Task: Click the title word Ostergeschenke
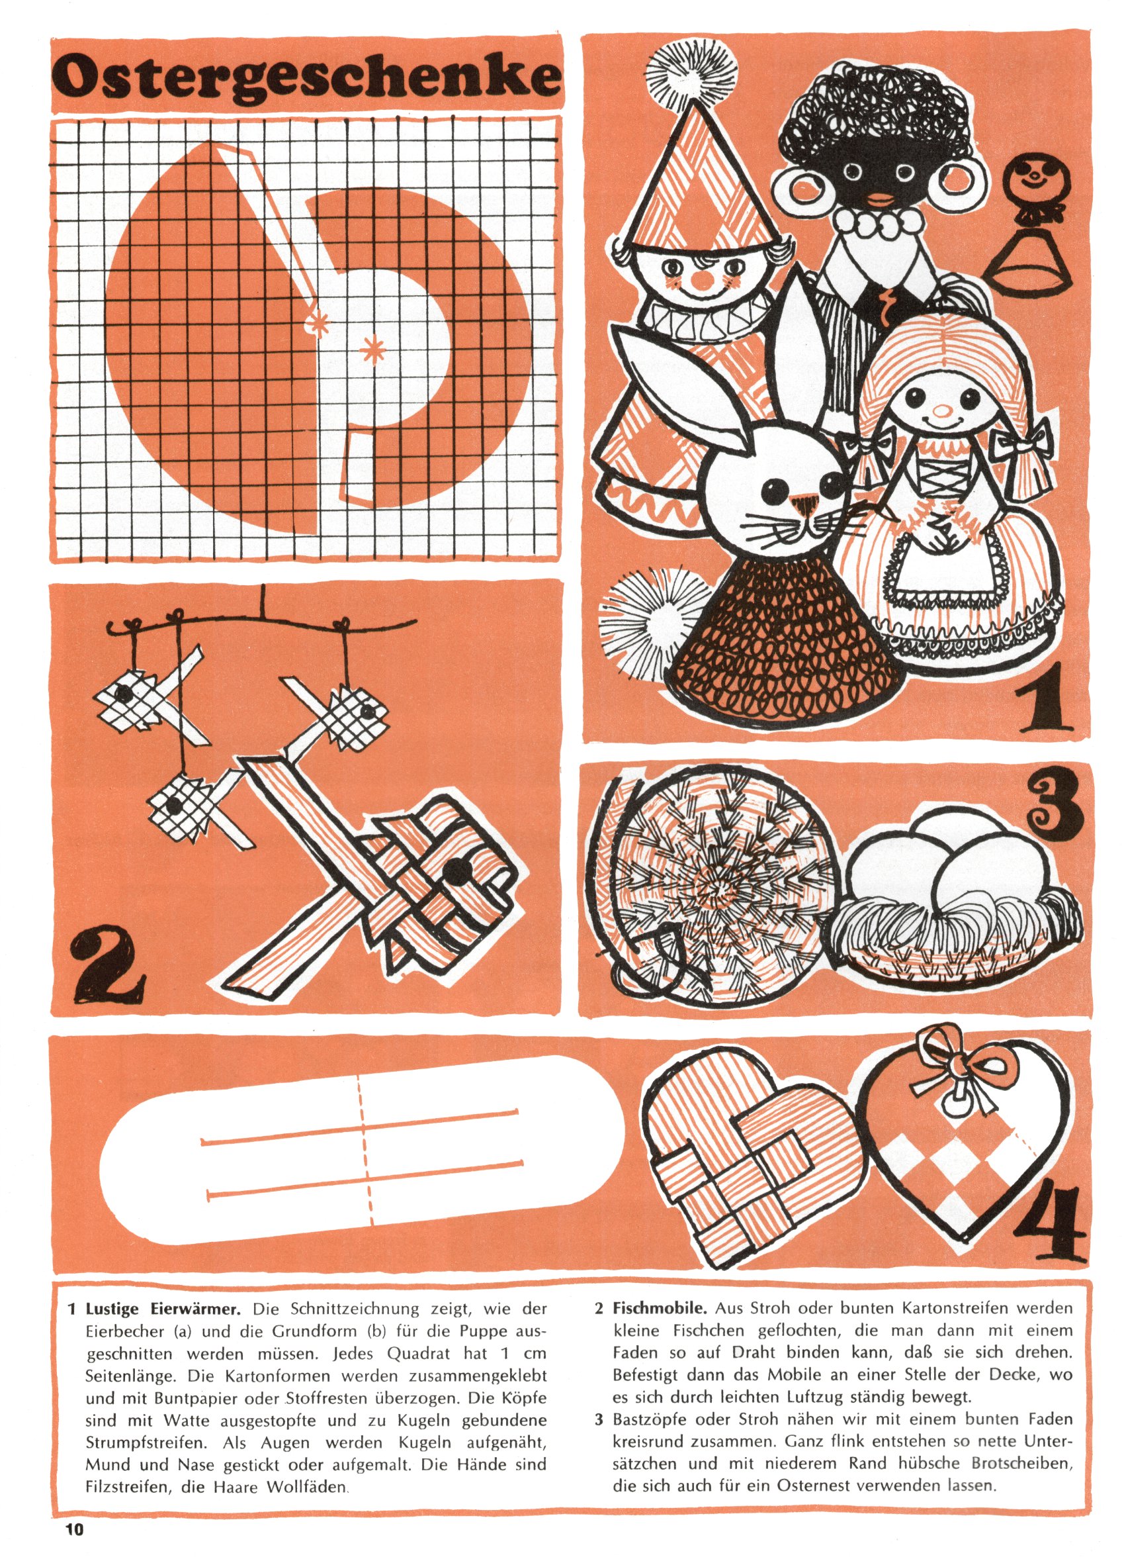pyautogui.click(x=307, y=77)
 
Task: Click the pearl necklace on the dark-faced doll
pyautogui.click(x=880, y=220)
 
